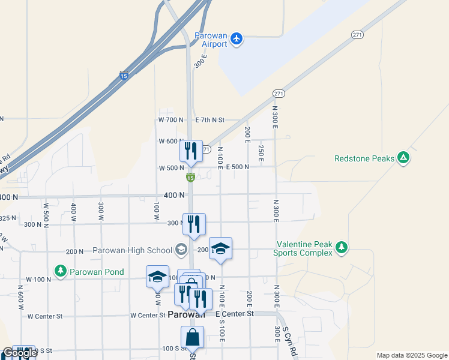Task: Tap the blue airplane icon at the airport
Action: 237,39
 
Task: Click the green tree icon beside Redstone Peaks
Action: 404,158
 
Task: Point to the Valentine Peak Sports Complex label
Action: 303,249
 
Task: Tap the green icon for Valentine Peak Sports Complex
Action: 342,248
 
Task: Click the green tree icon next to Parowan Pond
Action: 61,271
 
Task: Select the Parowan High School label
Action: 132,250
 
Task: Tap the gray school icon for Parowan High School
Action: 181,249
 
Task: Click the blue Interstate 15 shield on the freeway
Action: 124,76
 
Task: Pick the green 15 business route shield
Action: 190,178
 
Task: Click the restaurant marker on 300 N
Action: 194,224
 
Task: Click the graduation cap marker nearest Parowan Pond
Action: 157,277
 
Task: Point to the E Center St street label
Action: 234,314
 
